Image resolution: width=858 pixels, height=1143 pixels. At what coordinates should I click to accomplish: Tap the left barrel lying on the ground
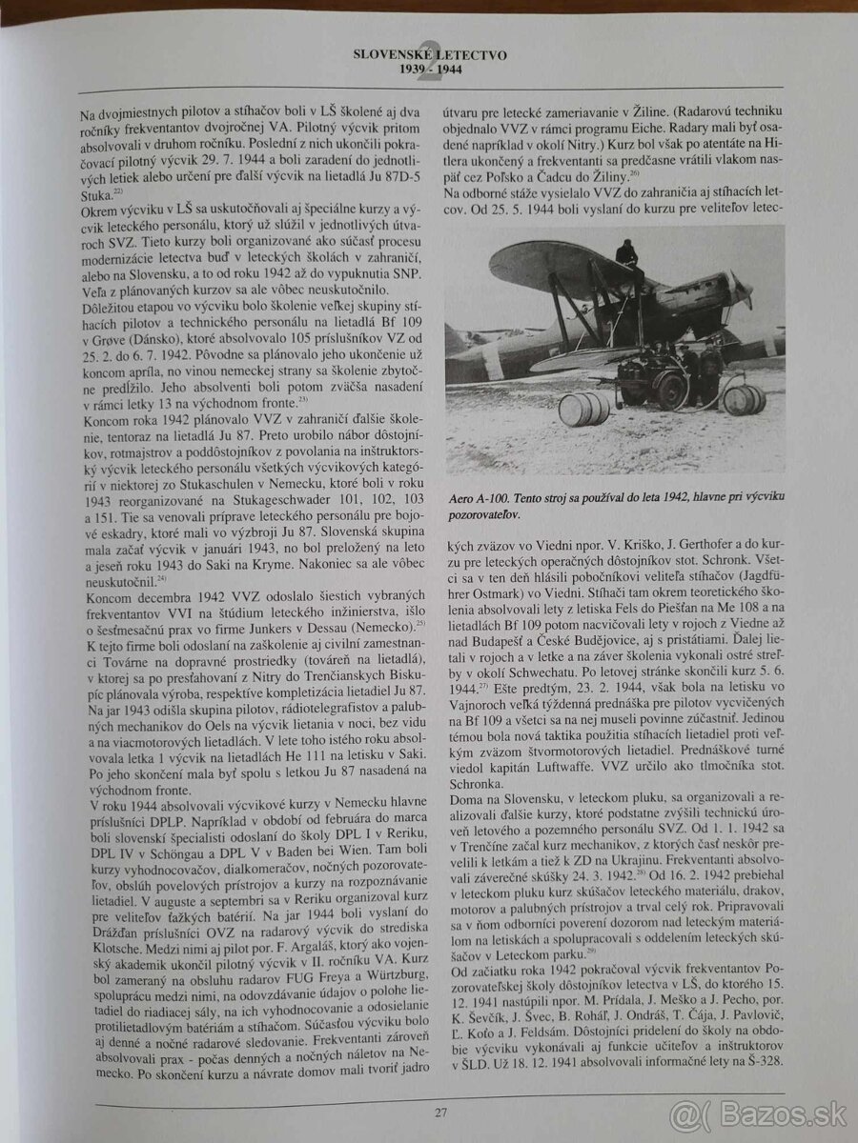582,409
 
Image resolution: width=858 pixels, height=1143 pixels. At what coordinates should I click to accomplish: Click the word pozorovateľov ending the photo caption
488,515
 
